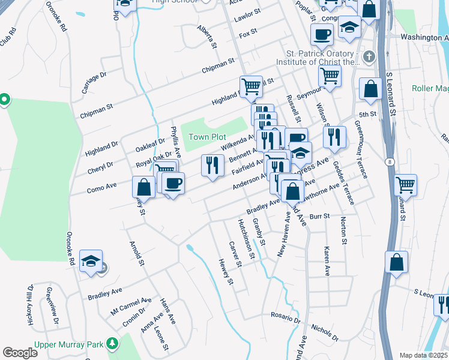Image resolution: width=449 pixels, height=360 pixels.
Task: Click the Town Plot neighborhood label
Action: [207, 137]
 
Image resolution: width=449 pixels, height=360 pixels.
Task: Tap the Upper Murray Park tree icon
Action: [111, 343]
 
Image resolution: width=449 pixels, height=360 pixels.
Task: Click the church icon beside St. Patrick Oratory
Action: [368, 56]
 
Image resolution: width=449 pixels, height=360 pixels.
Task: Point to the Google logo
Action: [20, 353]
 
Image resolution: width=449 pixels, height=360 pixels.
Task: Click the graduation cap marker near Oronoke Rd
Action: [91, 262]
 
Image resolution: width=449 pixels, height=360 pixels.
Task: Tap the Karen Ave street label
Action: [327, 261]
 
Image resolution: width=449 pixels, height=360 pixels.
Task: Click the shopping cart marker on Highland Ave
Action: [251, 86]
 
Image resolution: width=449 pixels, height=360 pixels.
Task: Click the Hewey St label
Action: [225, 272]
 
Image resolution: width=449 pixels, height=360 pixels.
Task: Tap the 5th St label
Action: [367, 113]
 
